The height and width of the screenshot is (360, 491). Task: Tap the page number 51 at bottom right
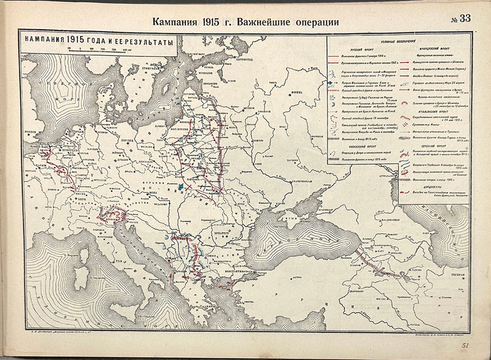[x=466, y=346]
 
